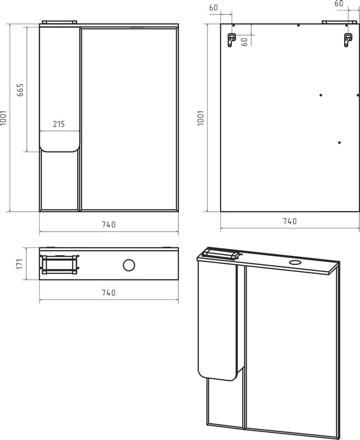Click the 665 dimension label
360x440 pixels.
click(20, 90)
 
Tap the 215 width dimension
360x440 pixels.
click(59, 124)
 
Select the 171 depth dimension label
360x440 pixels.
click(19, 264)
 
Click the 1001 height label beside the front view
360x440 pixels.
click(3, 118)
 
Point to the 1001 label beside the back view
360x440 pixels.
click(200, 118)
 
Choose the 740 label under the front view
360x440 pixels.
click(108, 224)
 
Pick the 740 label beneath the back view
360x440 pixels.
click(290, 221)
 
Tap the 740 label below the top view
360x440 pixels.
click(108, 293)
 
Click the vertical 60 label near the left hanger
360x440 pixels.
click(244, 42)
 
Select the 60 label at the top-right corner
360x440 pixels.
click(339, 3)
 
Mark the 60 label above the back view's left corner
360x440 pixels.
click(214, 8)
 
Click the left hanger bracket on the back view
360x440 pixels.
click(231, 40)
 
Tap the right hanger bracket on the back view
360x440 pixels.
click(348, 40)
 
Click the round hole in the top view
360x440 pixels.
click(129, 265)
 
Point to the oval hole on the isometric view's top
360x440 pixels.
click(295, 263)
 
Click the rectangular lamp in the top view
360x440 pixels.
click(59, 265)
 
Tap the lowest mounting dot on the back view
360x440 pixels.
click(339, 142)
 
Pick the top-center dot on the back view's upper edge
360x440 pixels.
click(298, 25)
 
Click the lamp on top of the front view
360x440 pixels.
click(59, 22)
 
